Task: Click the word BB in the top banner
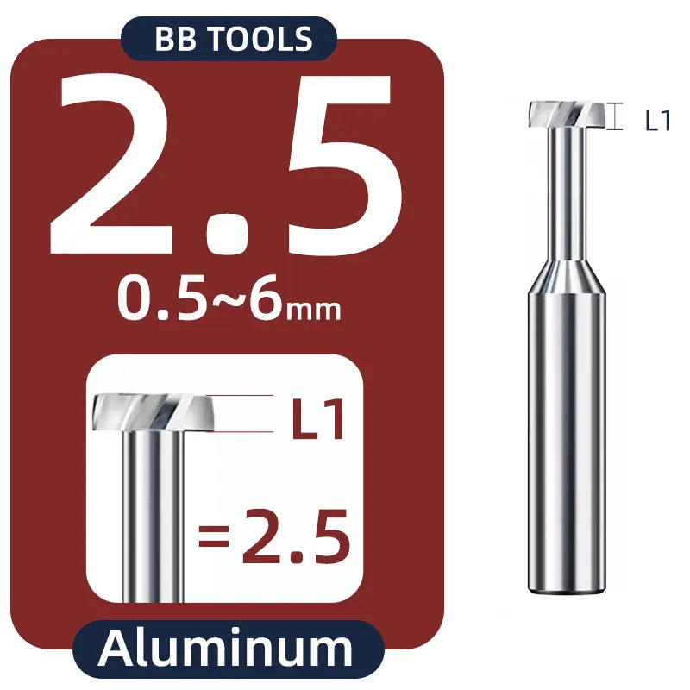pyautogui.click(x=175, y=39)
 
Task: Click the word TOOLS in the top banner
pyautogui.click(x=260, y=39)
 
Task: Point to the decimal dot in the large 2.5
pyautogui.click(x=227, y=233)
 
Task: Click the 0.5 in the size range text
pyautogui.click(x=161, y=298)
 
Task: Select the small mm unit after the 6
pyautogui.click(x=313, y=310)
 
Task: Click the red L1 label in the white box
pyautogui.click(x=317, y=418)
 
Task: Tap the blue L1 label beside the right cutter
pyautogui.click(x=657, y=121)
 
